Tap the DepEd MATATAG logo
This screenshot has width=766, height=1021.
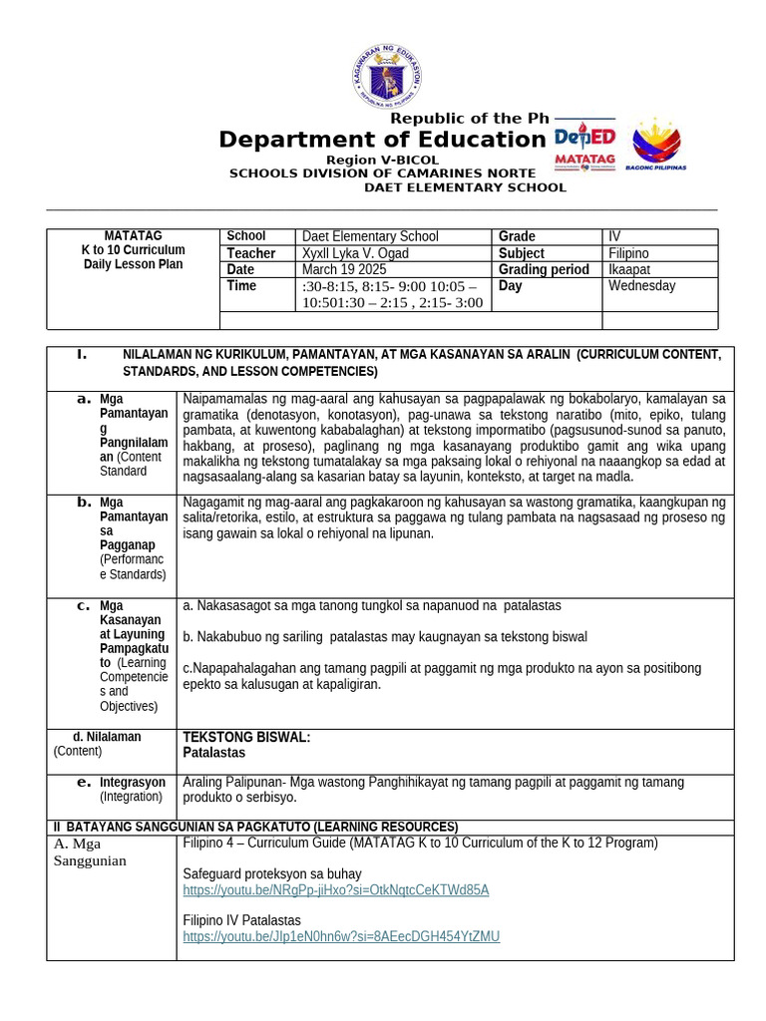584,147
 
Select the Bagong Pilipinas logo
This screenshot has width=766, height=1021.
656,145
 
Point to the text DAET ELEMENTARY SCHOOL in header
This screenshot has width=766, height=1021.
465,187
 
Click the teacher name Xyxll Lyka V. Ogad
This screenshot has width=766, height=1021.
355,253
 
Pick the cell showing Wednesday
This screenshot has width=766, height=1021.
641,286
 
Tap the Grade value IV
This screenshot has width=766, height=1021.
614,236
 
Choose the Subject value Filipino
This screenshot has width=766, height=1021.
628,253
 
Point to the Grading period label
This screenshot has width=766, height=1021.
545,269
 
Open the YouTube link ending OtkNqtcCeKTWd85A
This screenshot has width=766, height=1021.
336,889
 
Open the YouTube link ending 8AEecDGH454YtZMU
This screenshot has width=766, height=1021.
341,936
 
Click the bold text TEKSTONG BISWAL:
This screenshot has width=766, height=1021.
246,737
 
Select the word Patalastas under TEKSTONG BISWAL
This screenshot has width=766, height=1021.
213,753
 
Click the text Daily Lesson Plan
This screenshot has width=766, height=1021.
133,264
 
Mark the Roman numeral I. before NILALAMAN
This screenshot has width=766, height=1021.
83,354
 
